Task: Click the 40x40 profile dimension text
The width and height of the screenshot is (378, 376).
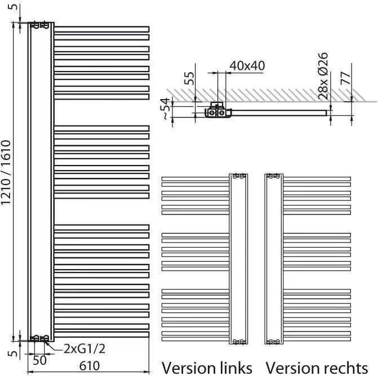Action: (247, 65)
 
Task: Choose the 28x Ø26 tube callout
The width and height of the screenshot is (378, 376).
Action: (323, 75)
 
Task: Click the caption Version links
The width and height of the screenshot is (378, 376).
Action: (207, 367)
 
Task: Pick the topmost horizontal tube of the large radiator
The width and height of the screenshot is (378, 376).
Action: (101, 28)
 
